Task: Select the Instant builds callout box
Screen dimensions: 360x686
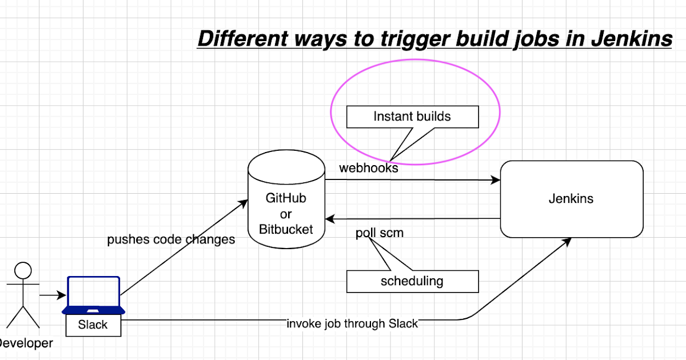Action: point(412,117)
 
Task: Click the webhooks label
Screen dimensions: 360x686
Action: point(368,168)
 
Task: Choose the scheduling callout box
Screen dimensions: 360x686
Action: point(412,281)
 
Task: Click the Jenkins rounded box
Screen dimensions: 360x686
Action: point(571,199)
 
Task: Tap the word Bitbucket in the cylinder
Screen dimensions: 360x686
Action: point(286,230)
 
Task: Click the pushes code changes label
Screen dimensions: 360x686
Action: point(171,239)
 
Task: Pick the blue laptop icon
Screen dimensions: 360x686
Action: point(93,295)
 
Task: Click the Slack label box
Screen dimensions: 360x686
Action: point(93,325)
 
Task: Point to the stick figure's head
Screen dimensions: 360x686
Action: point(23,270)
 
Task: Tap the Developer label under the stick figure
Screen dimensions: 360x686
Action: point(26,343)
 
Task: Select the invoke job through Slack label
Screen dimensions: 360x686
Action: point(352,323)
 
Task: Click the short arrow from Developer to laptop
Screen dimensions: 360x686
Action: point(53,295)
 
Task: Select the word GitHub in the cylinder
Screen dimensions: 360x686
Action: point(286,198)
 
